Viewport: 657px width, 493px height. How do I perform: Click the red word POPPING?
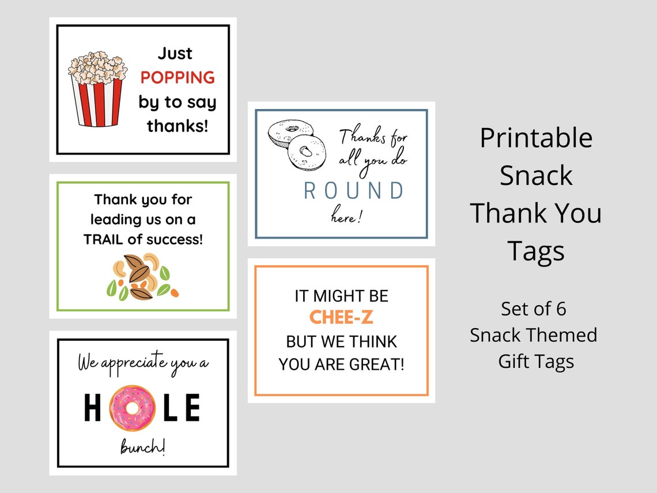coord(178,78)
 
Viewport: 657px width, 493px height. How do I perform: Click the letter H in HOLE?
coord(92,408)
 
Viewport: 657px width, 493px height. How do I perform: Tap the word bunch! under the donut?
coord(142,447)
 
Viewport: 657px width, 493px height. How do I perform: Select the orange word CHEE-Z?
coord(341,317)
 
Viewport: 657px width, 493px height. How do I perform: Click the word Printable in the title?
coord(536,138)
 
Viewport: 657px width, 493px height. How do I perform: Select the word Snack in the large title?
coord(536,175)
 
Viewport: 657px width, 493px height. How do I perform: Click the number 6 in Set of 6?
coord(561,309)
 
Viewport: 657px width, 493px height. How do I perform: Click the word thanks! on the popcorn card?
coord(178,126)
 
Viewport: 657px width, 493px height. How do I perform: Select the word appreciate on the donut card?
coord(132,363)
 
